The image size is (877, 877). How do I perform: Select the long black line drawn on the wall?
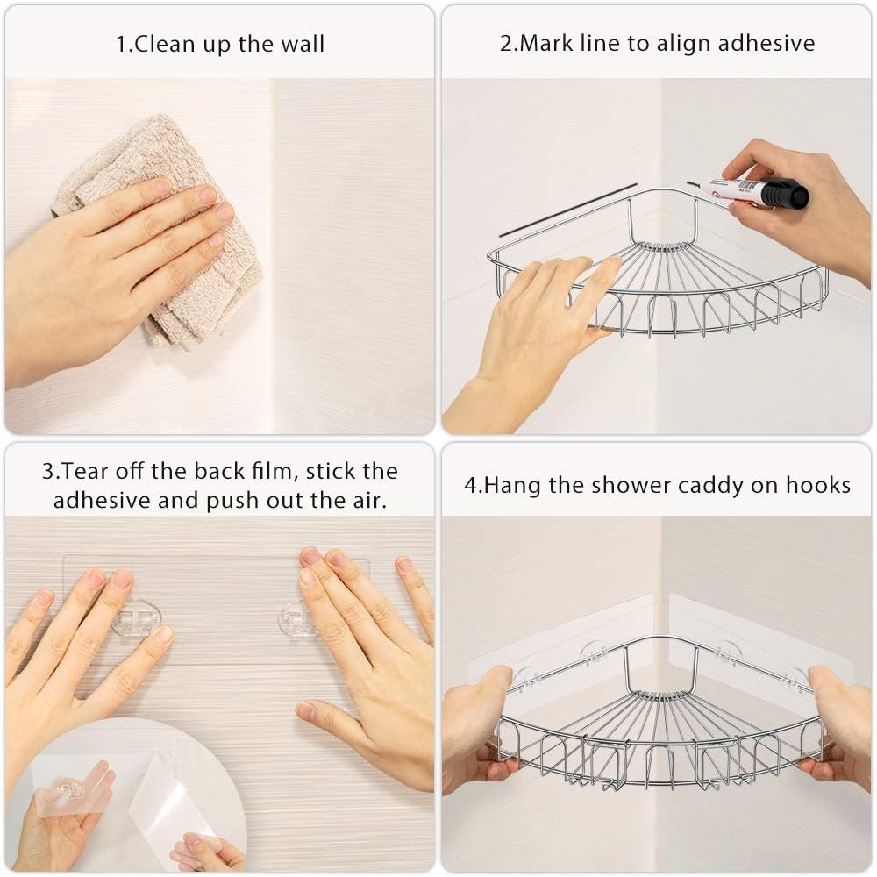[568, 210]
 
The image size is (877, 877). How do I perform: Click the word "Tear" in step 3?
[82, 471]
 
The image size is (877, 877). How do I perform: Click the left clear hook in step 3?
[135, 617]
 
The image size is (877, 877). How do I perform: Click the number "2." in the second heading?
[509, 44]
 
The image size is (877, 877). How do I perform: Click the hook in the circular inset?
[75, 789]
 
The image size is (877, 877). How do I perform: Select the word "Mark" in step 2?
[545, 44]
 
